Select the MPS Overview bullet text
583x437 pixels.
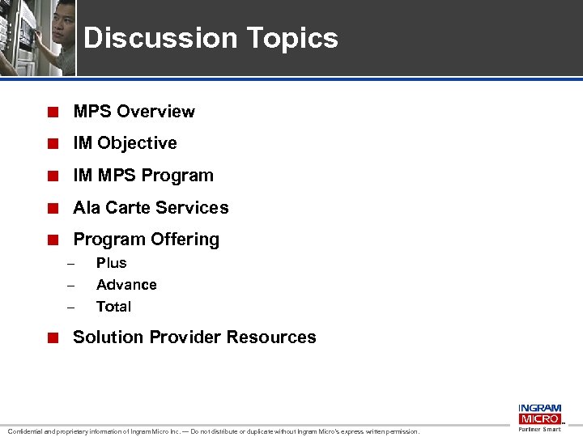coord(134,112)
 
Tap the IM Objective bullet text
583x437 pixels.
coord(125,143)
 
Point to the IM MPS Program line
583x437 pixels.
coord(143,176)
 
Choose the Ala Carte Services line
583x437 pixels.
coord(151,208)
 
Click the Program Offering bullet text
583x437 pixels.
coord(146,240)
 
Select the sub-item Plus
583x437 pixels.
coord(111,263)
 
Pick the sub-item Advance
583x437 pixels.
coord(126,285)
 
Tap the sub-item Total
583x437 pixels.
coord(113,307)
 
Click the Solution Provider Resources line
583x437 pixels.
coord(194,337)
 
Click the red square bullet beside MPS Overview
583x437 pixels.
coord(52,112)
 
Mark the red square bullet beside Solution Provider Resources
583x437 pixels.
coord(52,338)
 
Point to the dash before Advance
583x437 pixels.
coord(70,286)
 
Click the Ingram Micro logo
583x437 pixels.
coord(539,414)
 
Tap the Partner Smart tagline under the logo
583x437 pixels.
coord(539,430)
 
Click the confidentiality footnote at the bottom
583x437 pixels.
coord(214,431)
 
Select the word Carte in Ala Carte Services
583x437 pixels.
coord(126,208)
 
